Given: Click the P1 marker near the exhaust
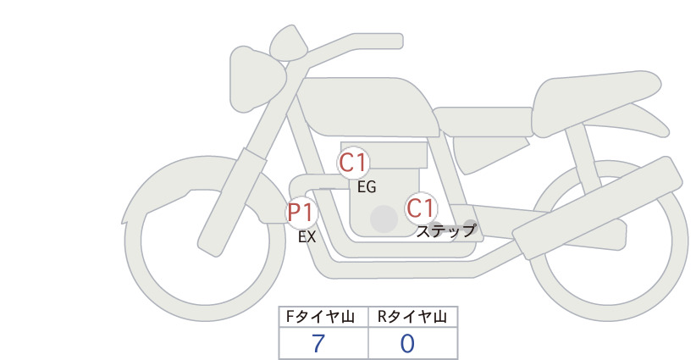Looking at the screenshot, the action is pos(301,213).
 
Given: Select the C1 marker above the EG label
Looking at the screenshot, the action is pos(353,163).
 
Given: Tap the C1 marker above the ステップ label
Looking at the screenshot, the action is pos(420,208).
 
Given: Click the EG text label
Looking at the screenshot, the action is pos(367,187).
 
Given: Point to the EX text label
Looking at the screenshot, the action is pos(307,237).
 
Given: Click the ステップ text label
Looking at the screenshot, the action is pos(445,230).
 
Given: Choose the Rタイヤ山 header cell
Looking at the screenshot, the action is pos(413,317).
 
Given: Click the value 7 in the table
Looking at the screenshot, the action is pos(318,343).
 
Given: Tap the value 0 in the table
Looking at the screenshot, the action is pos(407,343).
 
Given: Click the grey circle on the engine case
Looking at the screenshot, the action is pos(384,219).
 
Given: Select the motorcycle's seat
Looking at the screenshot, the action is pos(594,103).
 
